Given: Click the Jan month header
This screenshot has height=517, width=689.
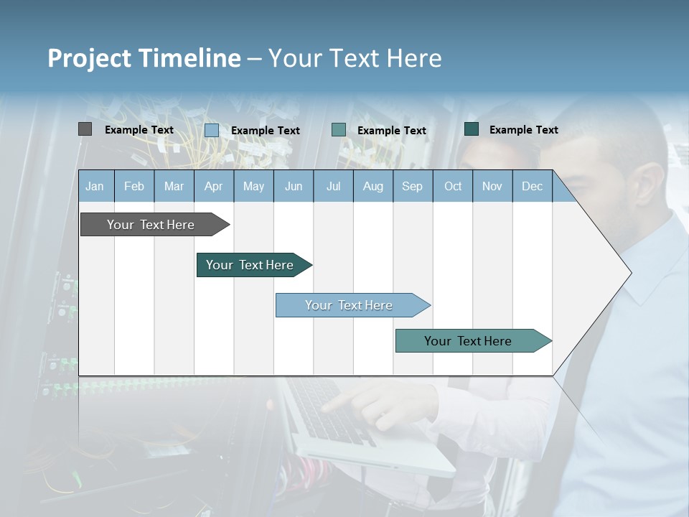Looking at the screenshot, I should [95, 186].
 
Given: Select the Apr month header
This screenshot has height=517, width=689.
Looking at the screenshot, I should [213, 186].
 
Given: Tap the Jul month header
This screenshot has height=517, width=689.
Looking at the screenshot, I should [333, 186].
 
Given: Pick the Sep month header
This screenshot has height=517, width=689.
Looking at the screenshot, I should [412, 186].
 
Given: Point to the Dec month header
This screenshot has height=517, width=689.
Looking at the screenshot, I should [532, 186].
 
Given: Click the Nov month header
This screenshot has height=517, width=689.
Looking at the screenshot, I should [492, 186].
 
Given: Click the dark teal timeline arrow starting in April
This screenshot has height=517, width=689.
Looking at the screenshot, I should [251, 265].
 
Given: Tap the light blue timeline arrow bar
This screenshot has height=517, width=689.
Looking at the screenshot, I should [350, 305].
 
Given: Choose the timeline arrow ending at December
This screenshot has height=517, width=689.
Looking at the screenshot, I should [470, 341].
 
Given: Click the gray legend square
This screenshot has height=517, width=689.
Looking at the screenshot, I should [85, 129].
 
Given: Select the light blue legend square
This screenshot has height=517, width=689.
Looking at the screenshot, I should [212, 130].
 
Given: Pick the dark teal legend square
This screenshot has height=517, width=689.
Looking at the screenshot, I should [472, 129].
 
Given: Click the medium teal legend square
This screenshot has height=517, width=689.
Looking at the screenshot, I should [339, 130].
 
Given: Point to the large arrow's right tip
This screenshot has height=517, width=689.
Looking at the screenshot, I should [629, 273].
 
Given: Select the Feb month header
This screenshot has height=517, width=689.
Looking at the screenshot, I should [133, 186].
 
